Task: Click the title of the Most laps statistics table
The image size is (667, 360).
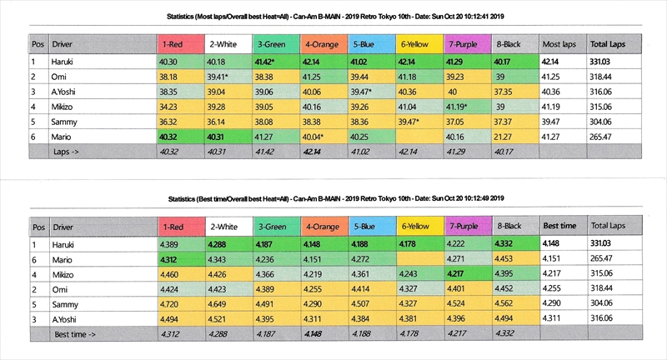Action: (x=333, y=16)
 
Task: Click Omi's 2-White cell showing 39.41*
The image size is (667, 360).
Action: (x=220, y=77)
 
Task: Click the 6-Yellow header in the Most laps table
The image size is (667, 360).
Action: (x=416, y=42)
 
